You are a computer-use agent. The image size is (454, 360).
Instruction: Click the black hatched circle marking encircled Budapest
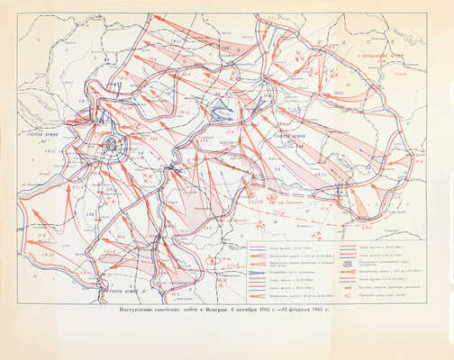110,142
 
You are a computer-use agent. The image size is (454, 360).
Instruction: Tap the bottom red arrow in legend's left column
259,295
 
